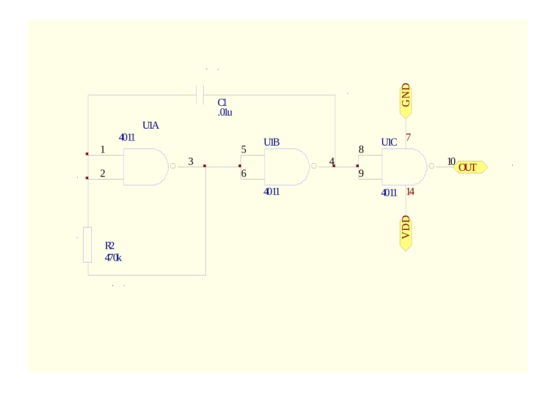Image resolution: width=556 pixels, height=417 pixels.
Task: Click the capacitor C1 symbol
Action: pyautogui.click(x=200, y=95)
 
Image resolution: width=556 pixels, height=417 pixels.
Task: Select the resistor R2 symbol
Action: pyautogui.click(x=88, y=244)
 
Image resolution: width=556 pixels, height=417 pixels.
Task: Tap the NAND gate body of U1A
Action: pyautogui.click(x=143, y=167)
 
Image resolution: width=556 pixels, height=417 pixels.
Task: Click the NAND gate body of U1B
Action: pyautogui.click(x=285, y=167)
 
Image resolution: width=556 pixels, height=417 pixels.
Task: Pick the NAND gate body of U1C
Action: pyautogui.click(x=403, y=167)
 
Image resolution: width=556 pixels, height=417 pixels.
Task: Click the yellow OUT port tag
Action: pyautogui.click(x=470, y=168)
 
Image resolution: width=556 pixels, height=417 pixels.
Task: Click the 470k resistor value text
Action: pyautogui.click(x=113, y=257)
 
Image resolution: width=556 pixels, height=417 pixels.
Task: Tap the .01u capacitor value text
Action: pyautogui.click(x=225, y=112)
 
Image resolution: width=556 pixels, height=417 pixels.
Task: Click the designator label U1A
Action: pyautogui.click(x=151, y=125)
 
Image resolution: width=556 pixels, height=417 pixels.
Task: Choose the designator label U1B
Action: pyautogui.click(x=272, y=142)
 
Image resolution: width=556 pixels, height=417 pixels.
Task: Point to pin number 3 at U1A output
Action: pyautogui.click(x=190, y=161)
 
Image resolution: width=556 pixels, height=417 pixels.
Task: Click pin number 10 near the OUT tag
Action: pyautogui.click(x=451, y=161)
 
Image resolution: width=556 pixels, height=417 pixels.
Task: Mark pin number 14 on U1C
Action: pyautogui.click(x=410, y=192)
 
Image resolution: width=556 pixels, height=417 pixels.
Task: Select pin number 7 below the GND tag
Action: pyautogui.click(x=409, y=137)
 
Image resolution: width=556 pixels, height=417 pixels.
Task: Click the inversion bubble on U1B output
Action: pyautogui.click(x=314, y=167)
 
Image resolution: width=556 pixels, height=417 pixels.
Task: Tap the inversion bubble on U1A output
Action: pyautogui.click(x=173, y=167)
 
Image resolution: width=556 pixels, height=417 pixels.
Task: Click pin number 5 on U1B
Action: pyautogui.click(x=243, y=150)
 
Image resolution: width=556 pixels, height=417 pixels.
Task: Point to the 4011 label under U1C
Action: pyautogui.click(x=389, y=192)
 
